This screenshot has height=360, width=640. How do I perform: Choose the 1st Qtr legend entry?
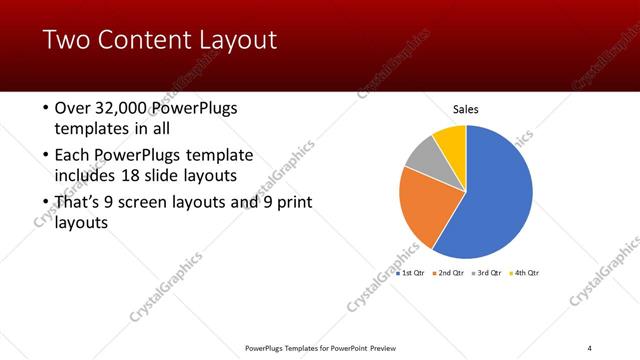[412, 272]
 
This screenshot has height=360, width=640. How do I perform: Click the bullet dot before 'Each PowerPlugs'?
[46, 156]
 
